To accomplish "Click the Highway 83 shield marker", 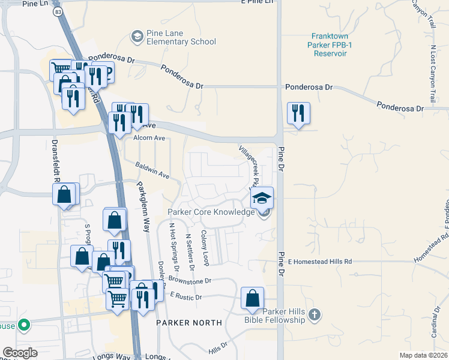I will (57, 11).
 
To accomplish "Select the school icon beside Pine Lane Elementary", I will (137, 37).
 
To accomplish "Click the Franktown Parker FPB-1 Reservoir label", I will (330, 44).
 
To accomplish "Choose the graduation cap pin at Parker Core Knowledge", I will (262, 198).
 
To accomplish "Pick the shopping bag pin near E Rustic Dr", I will (253, 299).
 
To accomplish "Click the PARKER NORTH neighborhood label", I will (189, 322).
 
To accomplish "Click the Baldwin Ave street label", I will (152, 171).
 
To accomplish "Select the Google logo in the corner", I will (20, 352).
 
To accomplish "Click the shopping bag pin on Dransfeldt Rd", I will (64, 196).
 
